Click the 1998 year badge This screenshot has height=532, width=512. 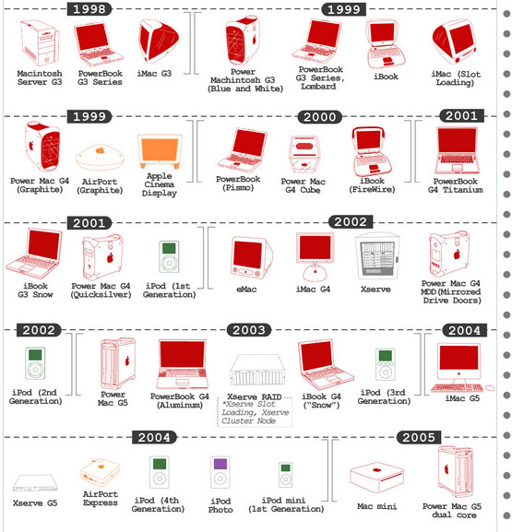(89, 9)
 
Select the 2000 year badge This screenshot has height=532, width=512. (319, 117)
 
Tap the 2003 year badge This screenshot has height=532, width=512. (249, 330)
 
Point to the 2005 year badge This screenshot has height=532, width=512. (419, 437)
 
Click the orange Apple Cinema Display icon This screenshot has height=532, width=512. (160, 151)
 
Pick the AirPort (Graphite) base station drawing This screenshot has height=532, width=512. (100, 157)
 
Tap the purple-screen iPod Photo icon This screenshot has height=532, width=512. (220, 472)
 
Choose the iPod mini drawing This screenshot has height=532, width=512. (285, 475)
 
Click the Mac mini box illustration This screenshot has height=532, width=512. (376, 478)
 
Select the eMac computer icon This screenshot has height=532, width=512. (251, 258)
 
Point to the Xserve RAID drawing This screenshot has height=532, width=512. (257, 370)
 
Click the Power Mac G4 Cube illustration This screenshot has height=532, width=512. (304, 154)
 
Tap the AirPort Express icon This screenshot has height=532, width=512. (100, 472)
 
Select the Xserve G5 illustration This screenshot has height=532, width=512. (35, 483)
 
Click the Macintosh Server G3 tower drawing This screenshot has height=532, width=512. (40, 42)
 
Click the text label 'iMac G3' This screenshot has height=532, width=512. (154, 74)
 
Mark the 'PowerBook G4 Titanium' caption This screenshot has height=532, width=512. (456, 185)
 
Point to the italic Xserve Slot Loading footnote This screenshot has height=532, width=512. (255, 412)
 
